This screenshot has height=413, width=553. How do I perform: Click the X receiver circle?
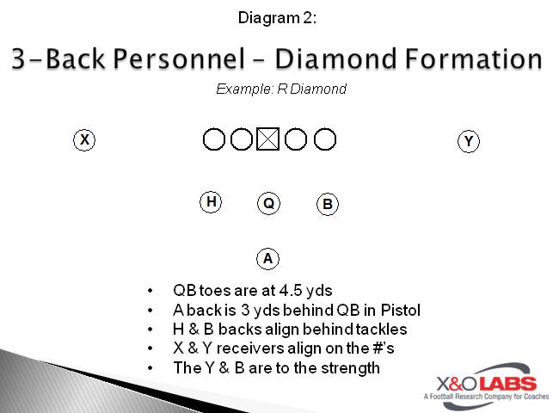pos(83,139)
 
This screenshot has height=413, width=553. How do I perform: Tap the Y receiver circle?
pos(468,141)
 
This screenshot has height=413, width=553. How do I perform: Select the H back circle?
pos(211,202)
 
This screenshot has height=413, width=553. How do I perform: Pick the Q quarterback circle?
pos(268,203)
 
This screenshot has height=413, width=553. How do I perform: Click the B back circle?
pos(327,204)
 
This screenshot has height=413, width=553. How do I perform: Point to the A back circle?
pos(268,257)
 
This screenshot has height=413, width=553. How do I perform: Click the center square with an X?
pos(268,139)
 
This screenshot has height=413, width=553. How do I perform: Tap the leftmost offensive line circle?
pos(213,139)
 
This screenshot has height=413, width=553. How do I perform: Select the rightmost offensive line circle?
pos(324,139)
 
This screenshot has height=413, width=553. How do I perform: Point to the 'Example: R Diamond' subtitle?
pos(281,89)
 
